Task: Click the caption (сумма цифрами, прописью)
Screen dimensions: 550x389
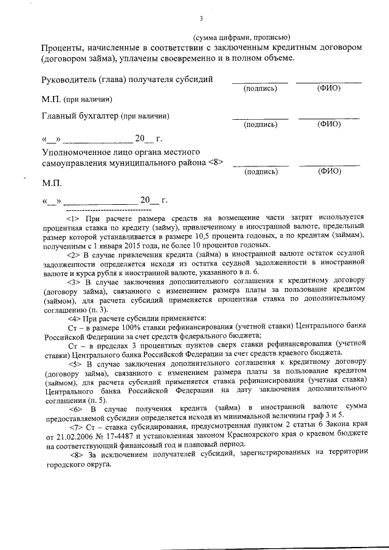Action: [242, 37]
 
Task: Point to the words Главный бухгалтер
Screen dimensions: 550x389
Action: [80, 115]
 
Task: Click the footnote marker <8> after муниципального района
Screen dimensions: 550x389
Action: [216, 162]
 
